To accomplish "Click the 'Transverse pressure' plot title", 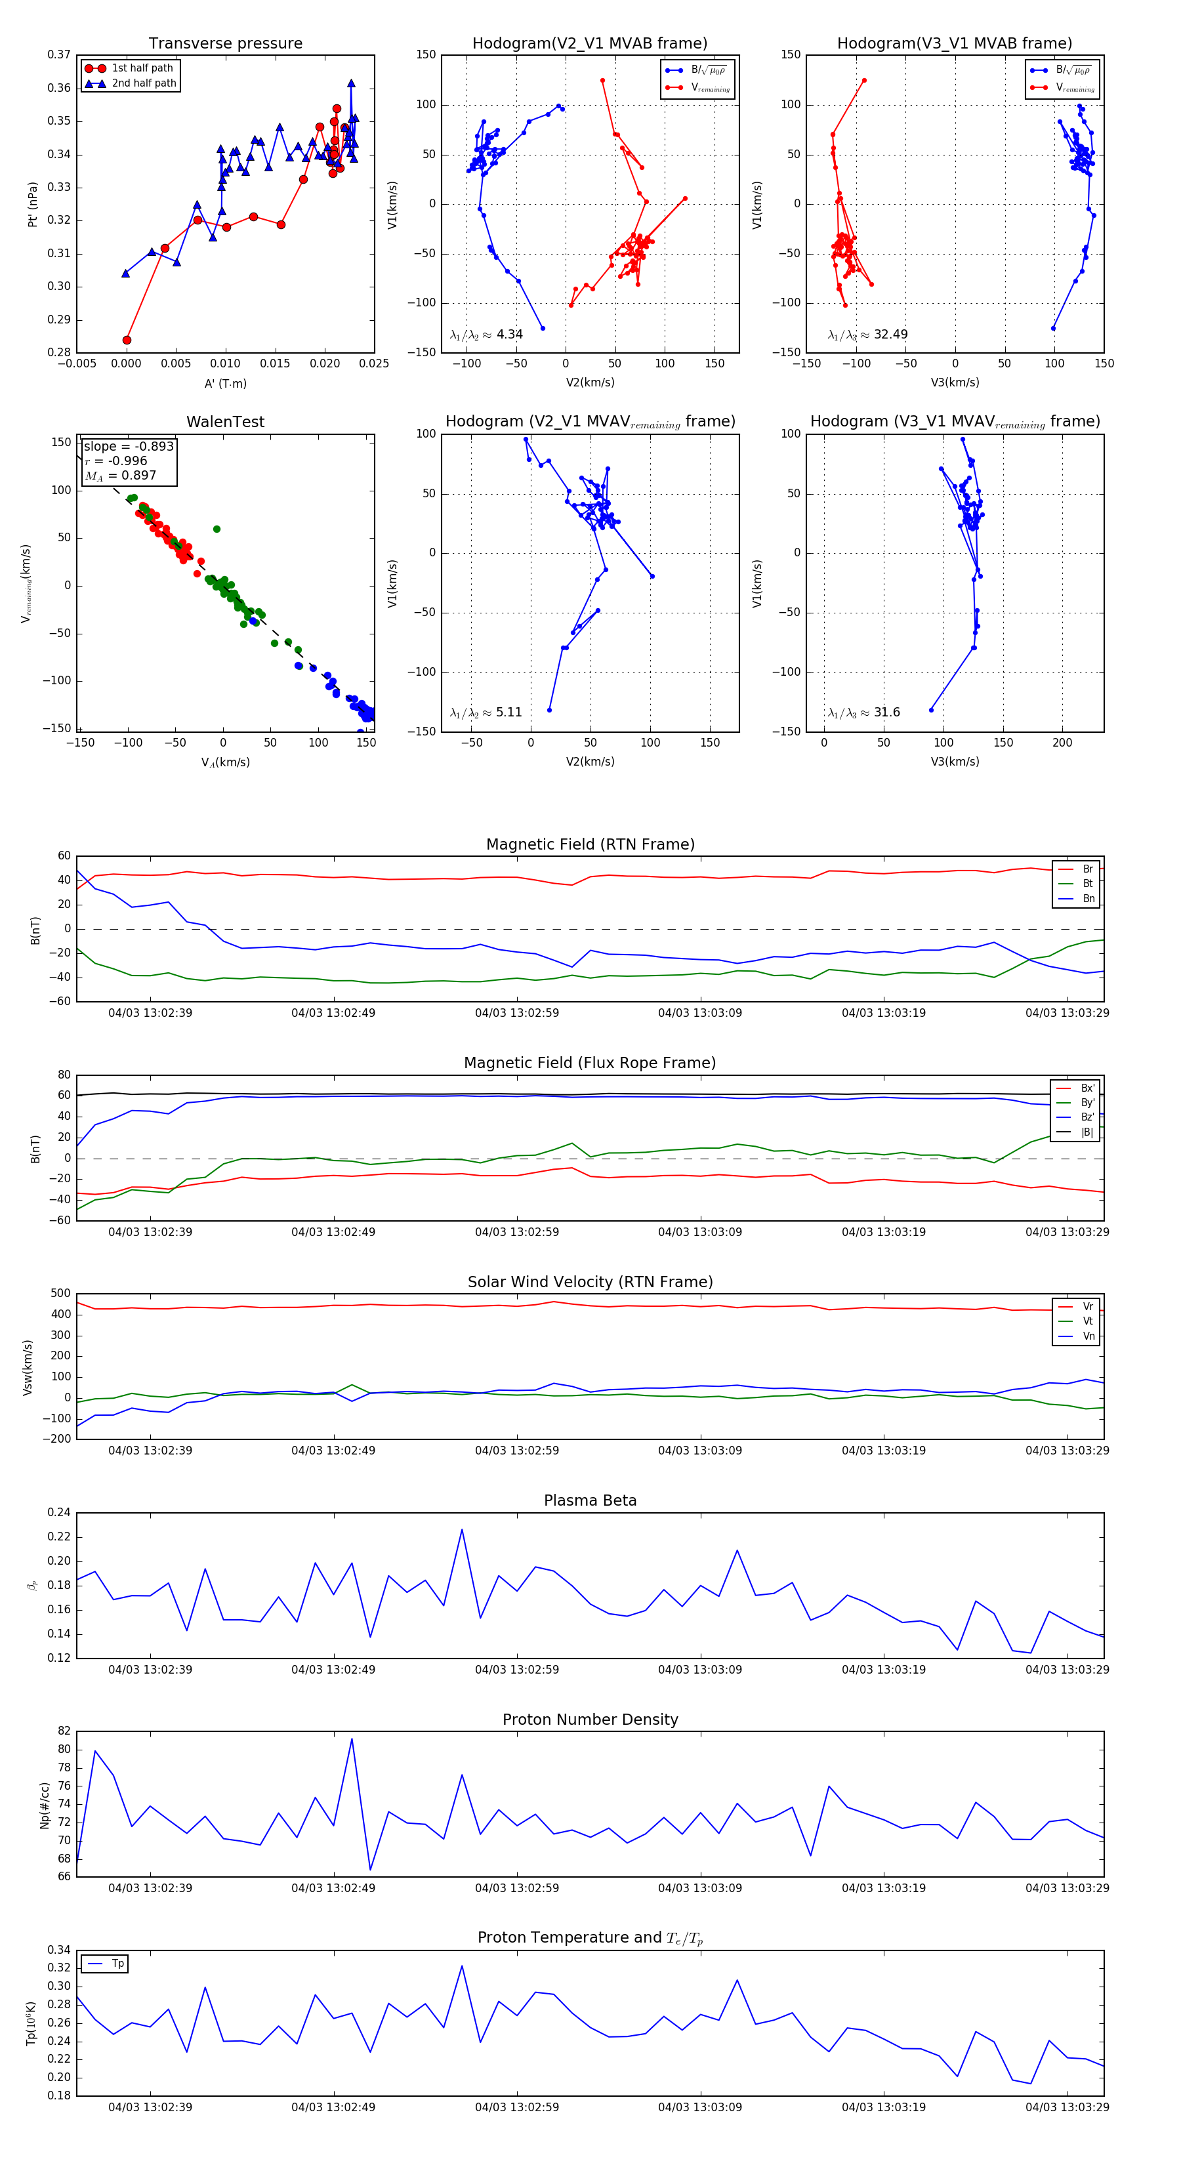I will [x=225, y=44].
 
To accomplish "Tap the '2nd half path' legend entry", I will [x=144, y=83].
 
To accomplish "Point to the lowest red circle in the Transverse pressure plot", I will [x=127, y=340].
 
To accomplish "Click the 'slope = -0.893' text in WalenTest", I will [x=129, y=446].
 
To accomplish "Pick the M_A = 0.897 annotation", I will [x=120, y=476].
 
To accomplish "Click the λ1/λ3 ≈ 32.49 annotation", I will [x=867, y=335].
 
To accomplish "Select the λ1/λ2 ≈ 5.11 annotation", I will [x=486, y=712].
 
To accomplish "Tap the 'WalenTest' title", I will [x=225, y=422].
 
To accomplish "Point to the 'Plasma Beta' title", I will [x=590, y=1500].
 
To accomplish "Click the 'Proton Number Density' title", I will [x=590, y=1719].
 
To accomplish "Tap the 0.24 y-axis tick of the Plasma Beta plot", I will [x=59, y=1513].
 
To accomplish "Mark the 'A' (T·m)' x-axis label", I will [x=225, y=383].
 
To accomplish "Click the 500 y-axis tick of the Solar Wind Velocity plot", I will [x=60, y=1294].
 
